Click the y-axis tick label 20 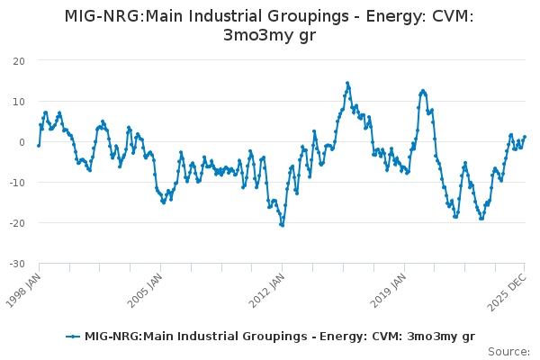tap(19, 60)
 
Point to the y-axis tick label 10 tap(19, 101)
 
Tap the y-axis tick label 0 tap(22, 141)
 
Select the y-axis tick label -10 tap(17, 182)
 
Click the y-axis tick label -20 tap(17, 222)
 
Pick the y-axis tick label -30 tap(17, 263)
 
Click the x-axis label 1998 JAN tap(24, 286)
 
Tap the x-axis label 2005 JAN tap(146, 286)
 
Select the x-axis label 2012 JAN tap(267, 286)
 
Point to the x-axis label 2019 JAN tap(389, 286)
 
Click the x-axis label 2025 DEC tap(509, 286)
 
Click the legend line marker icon tap(73, 337)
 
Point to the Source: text tap(508, 351)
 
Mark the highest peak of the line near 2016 tap(347, 83)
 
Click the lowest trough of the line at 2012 tap(283, 225)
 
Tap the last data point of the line tap(525, 137)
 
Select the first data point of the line tap(39, 145)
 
